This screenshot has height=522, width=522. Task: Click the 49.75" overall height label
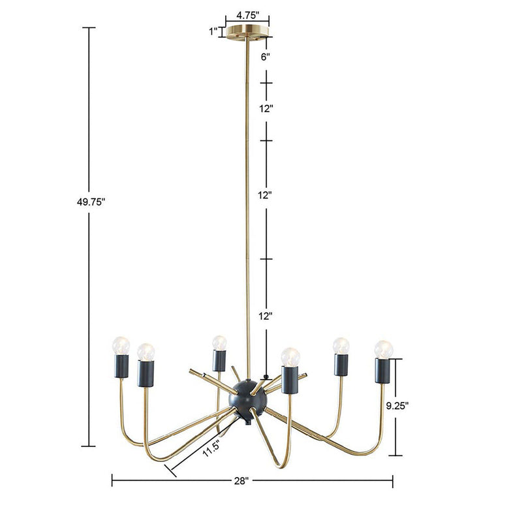tap(91, 202)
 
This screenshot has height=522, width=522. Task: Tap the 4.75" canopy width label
tap(248, 14)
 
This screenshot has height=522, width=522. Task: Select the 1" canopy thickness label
tap(213, 31)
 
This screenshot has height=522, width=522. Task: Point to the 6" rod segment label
tap(266, 57)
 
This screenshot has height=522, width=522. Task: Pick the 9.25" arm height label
tap(397, 405)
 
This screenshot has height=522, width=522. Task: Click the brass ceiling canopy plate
tap(247, 31)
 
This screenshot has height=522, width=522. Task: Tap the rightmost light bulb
tap(384, 349)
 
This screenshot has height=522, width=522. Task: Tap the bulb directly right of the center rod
tap(289, 356)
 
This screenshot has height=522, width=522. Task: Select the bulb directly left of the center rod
tap(219, 343)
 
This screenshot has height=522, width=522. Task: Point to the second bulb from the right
tap(340, 345)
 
